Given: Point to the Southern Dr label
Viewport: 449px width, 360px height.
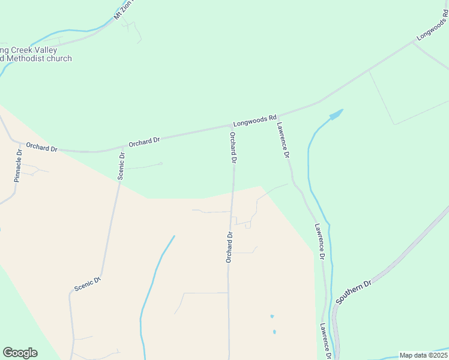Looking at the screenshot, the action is point(354,291).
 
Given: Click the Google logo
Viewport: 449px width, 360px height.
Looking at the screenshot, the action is point(20,353).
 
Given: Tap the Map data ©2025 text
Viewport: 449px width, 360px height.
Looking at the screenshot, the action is point(423,355).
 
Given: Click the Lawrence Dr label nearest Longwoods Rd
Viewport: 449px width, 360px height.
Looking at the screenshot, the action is point(284,140).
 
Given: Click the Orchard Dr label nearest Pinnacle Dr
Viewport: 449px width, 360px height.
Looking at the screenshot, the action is point(41,146).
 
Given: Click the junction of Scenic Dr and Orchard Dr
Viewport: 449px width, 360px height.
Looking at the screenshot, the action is point(123,146).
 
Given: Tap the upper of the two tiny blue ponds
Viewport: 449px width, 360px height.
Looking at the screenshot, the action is point(272,316).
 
